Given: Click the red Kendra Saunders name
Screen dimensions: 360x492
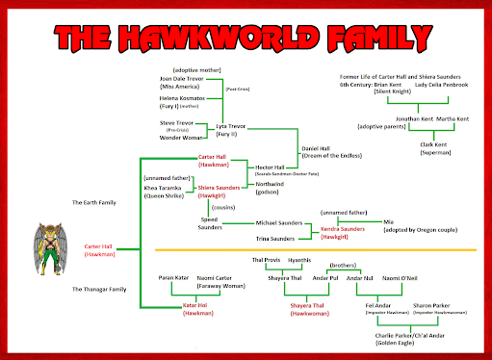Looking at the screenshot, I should pyautogui.click(x=344, y=229).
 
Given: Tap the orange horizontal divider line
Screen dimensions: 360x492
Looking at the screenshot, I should pyautogui.click(x=318, y=251).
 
